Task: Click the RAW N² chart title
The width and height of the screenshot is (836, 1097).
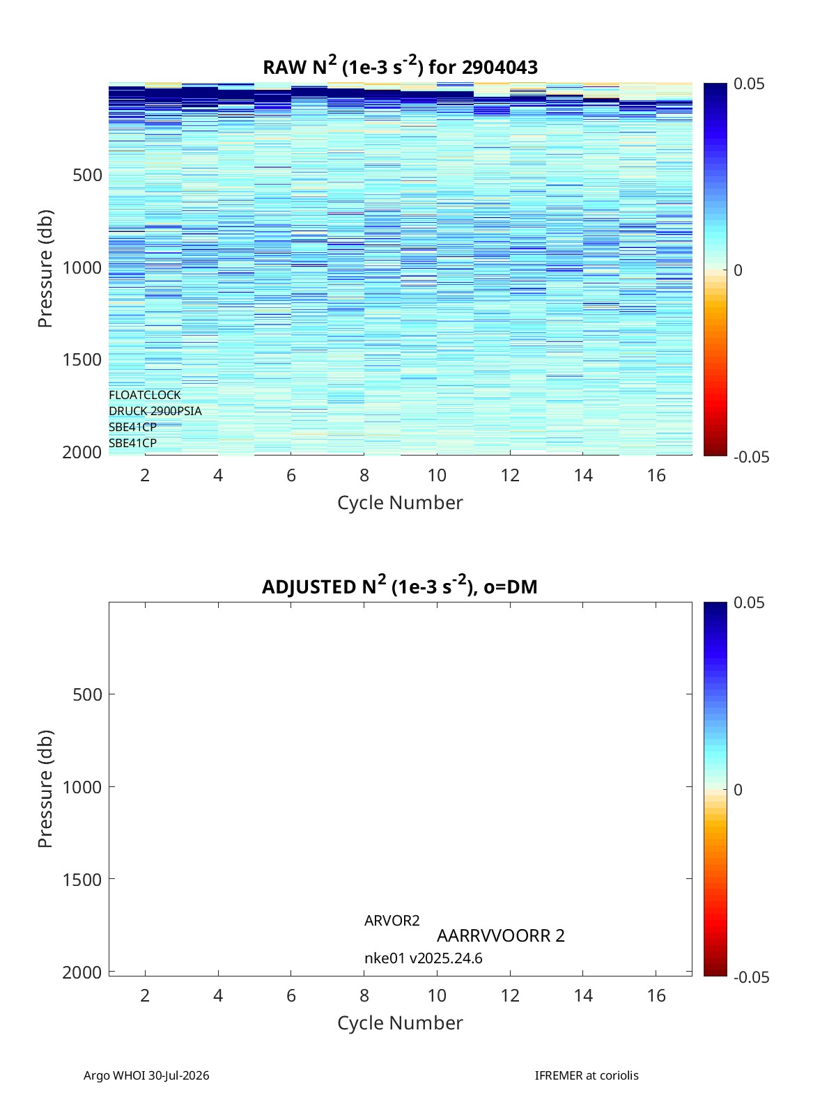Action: point(400,66)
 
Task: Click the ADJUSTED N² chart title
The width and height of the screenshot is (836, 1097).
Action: point(399,585)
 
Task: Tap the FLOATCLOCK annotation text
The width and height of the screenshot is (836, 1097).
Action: point(144,395)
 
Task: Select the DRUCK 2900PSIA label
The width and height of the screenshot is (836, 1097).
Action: point(155,411)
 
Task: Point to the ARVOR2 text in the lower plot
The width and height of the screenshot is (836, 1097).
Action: point(392,921)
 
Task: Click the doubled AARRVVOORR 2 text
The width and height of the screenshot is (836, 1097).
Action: point(500,935)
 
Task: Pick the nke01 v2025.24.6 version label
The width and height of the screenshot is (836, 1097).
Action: point(424,958)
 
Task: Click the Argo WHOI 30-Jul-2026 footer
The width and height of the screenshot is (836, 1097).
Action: point(146,1075)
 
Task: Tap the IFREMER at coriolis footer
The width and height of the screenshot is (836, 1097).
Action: point(587,1075)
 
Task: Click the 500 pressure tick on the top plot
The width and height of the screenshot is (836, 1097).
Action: point(87,176)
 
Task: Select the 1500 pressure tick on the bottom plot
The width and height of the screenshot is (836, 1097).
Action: point(82,879)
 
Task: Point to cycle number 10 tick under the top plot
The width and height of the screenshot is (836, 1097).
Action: point(437,475)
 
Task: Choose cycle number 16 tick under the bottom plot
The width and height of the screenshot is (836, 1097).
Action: point(656,995)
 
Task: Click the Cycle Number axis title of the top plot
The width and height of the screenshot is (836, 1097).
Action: point(400,502)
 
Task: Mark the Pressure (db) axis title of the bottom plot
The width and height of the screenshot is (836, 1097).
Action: point(45,788)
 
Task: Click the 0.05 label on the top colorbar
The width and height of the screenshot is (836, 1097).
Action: point(748,84)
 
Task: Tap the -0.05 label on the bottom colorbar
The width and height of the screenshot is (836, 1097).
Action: point(751,977)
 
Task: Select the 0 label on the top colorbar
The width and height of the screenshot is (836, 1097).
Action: point(738,270)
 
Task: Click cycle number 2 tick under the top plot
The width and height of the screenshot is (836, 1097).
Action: point(145,475)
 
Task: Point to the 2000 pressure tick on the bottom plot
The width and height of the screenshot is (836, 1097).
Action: point(82,972)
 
